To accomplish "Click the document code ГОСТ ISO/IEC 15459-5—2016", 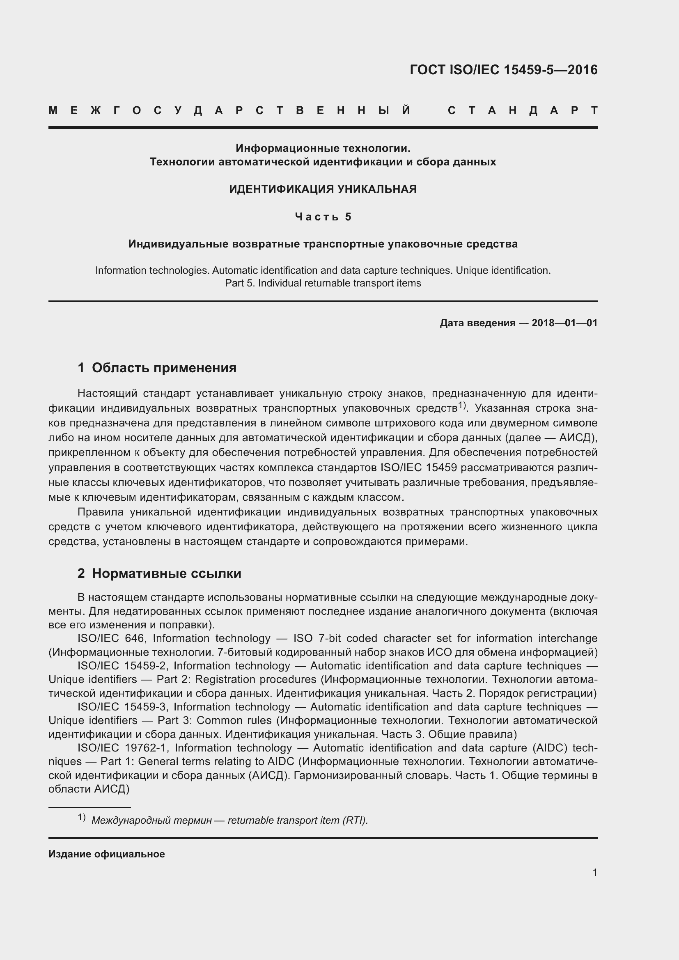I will tap(503, 70).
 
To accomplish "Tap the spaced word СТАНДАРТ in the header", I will tap(523, 111).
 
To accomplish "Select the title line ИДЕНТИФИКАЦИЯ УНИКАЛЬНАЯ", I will tap(323, 189).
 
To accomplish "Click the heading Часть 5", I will tap(323, 217).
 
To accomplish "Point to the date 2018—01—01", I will tap(564, 323).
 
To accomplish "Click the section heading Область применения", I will tap(164, 368).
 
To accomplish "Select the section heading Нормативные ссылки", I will tap(166, 573).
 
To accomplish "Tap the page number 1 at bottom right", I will tap(594, 872).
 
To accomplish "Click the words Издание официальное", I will tap(107, 854).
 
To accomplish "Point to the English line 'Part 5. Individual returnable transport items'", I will tap(323, 283).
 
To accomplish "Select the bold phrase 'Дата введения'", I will tap(477, 323).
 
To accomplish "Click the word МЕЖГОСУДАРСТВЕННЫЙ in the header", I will tap(230, 111).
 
